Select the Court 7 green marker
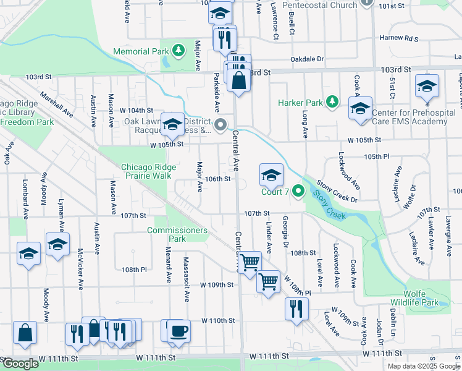300,191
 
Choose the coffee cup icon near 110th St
178,331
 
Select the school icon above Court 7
271,176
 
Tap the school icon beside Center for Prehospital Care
360,109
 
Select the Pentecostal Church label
319,5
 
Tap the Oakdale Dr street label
307,59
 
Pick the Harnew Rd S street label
399,38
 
